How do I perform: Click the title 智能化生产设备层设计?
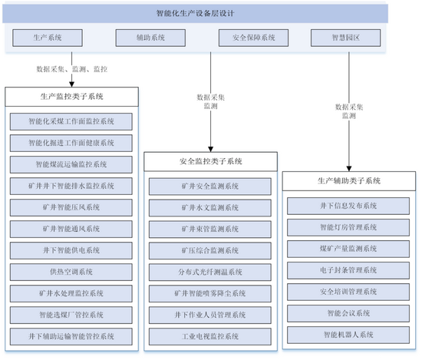click(x=195, y=13)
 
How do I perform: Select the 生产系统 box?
click(x=48, y=38)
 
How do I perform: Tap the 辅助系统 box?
click(x=150, y=38)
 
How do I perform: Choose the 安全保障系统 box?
click(x=253, y=38)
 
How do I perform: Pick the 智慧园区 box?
click(x=345, y=38)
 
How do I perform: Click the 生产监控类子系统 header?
click(x=71, y=97)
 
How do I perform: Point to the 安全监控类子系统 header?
click(x=210, y=161)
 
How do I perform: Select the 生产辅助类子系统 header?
click(x=349, y=181)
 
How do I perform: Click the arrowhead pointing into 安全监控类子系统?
click(x=211, y=149)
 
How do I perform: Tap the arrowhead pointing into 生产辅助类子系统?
click(x=349, y=169)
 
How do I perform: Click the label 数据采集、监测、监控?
click(x=72, y=69)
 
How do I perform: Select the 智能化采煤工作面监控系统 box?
click(x=71, y=121)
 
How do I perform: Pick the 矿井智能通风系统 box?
click(x=71, y=229)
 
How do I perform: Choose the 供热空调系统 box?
click(x=71, y=272)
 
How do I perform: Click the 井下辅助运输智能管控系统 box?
click(x=71, y=336)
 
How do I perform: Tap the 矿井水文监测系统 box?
click(x=210, y=207)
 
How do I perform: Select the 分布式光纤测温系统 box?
click(x=210, y=272)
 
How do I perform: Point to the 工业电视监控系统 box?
click(x=210, y=336)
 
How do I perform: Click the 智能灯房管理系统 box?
click(x=348, y=227)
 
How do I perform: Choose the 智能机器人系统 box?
click(x=348, y=335)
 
